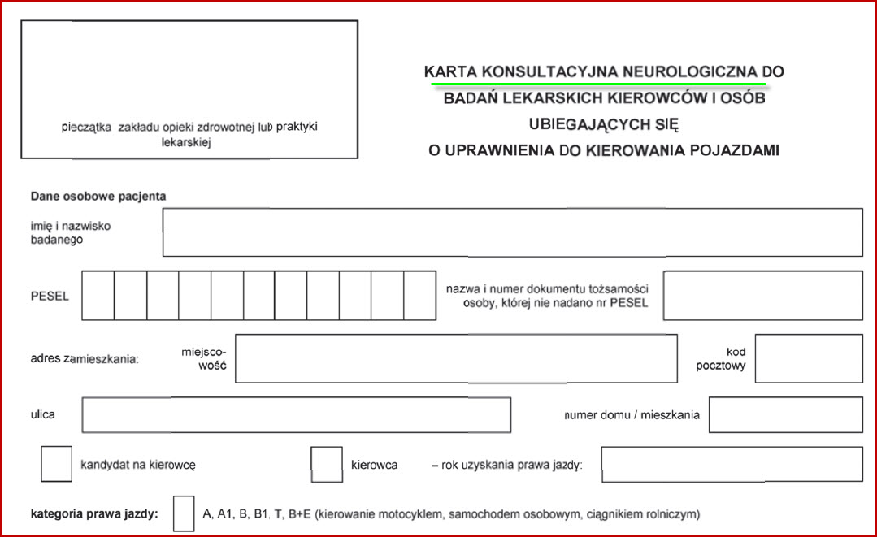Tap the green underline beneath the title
point(598,83)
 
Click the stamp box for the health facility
point(189,89)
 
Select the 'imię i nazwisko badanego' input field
point(512,232)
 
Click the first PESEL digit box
point(98,296)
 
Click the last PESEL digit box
point(419,296)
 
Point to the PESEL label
point(50,296)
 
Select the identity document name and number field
point(762,296)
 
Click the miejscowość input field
point(456,358)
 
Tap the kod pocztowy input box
point(808,358)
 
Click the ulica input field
point(296,415)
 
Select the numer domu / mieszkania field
point(785,415)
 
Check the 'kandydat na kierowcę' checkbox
point(56,465)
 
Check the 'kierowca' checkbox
point(327,465)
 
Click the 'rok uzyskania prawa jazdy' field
point(732,465)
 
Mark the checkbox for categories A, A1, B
point(184,513)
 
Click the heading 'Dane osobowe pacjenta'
point(98,196)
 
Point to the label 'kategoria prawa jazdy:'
point(94,513)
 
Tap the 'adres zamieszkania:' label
point(85,358)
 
